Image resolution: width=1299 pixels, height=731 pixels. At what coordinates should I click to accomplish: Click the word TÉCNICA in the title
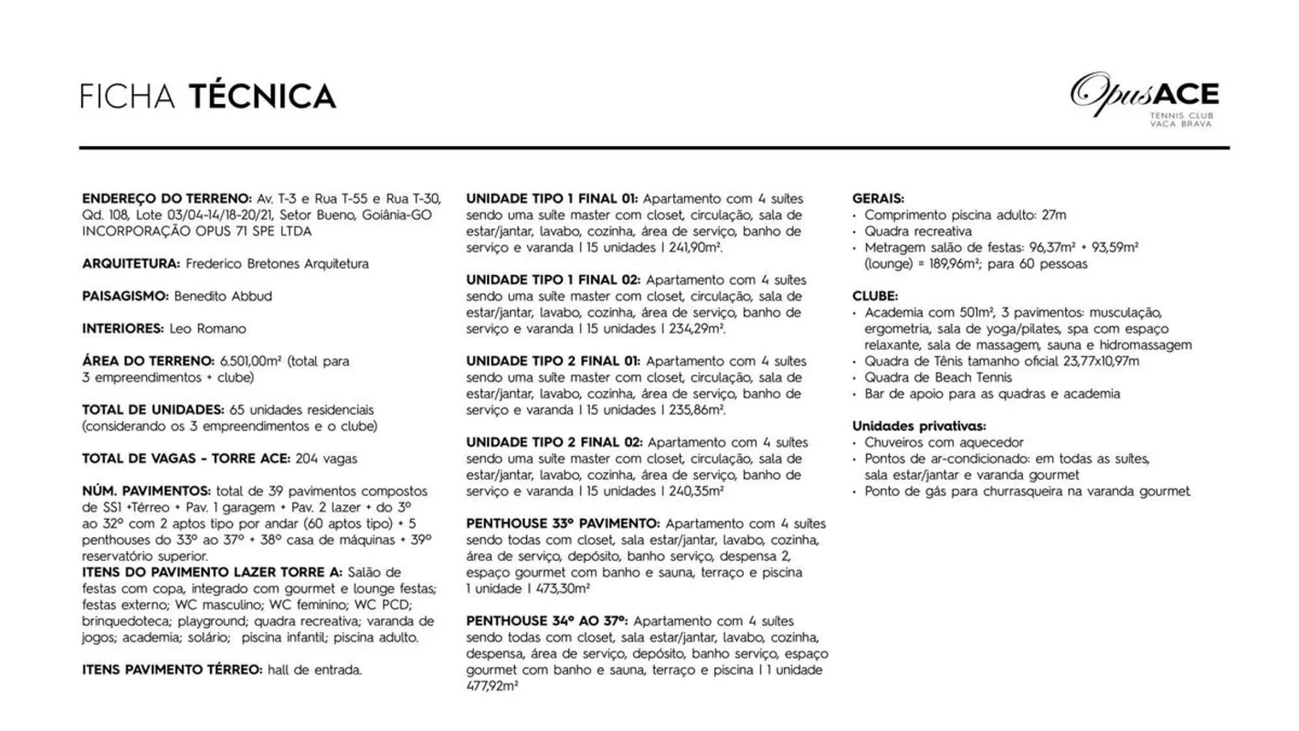click(x=262, y=96)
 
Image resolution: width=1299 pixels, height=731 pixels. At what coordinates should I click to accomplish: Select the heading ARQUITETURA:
click(x=131, y=264)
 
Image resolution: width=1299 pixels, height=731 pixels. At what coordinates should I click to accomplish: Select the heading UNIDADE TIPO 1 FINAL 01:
click(x=552, y=198)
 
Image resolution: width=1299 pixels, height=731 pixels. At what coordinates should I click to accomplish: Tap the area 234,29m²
click(x=693, y=330)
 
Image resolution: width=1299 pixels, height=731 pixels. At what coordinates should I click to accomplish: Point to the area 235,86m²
click(x=694, y=411)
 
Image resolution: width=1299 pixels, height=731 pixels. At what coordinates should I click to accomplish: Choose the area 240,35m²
click(x=692, y=492)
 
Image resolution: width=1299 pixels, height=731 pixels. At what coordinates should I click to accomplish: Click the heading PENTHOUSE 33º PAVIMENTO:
click(x=563, y=524)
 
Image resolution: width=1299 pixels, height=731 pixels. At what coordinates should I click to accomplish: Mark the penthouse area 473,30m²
click(x=544, y=589)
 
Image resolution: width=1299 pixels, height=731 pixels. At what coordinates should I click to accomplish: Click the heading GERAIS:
click(x=878, y=198)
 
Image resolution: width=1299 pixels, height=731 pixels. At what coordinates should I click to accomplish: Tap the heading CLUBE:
click(x=875, y=296)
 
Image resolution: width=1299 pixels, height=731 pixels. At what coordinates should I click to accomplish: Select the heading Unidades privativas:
click(x=918, y=427)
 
